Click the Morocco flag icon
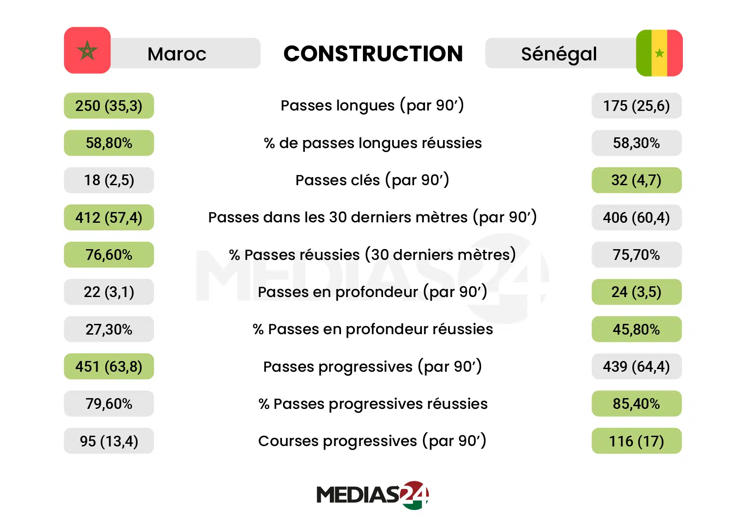(87, 50)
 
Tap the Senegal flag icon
(659, 53)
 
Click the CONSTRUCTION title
(373, 54)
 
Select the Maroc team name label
(177, 54)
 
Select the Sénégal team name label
(559, 54)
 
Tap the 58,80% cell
(109, 143)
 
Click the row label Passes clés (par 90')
(372, 180)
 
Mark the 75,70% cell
(636, 255)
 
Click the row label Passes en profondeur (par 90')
(372, 292)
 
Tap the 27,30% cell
(109, 329)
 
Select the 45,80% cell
(636, 329)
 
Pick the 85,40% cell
(636, 404)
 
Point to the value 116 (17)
(636, 441)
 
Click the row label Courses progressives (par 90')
(372, 441)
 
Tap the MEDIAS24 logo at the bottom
(372, 495)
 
